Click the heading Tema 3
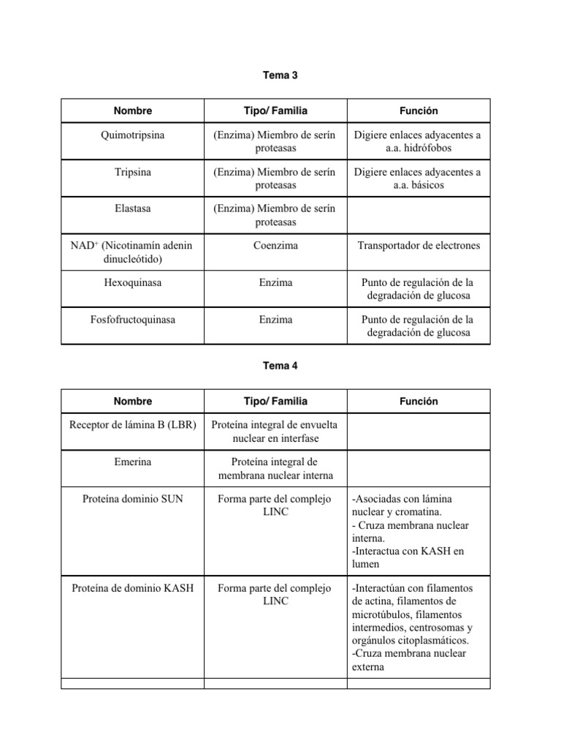pos(280,75)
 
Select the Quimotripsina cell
pos(133,135)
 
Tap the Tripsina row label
pos(133,172)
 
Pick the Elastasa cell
pos(133,208)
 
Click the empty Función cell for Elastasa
pos(419,215)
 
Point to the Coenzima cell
pos(275,246)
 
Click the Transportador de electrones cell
pos(419,246)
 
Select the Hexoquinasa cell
pos(133,282)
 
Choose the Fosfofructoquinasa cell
pos(133,320)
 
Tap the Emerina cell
pos(133,462)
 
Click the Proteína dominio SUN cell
pos(133,499)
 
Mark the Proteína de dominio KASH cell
pos(133,588)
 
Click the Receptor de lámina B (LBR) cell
pos(133,424)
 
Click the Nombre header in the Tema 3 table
pos(133,111)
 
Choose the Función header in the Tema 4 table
pos(419,402)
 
